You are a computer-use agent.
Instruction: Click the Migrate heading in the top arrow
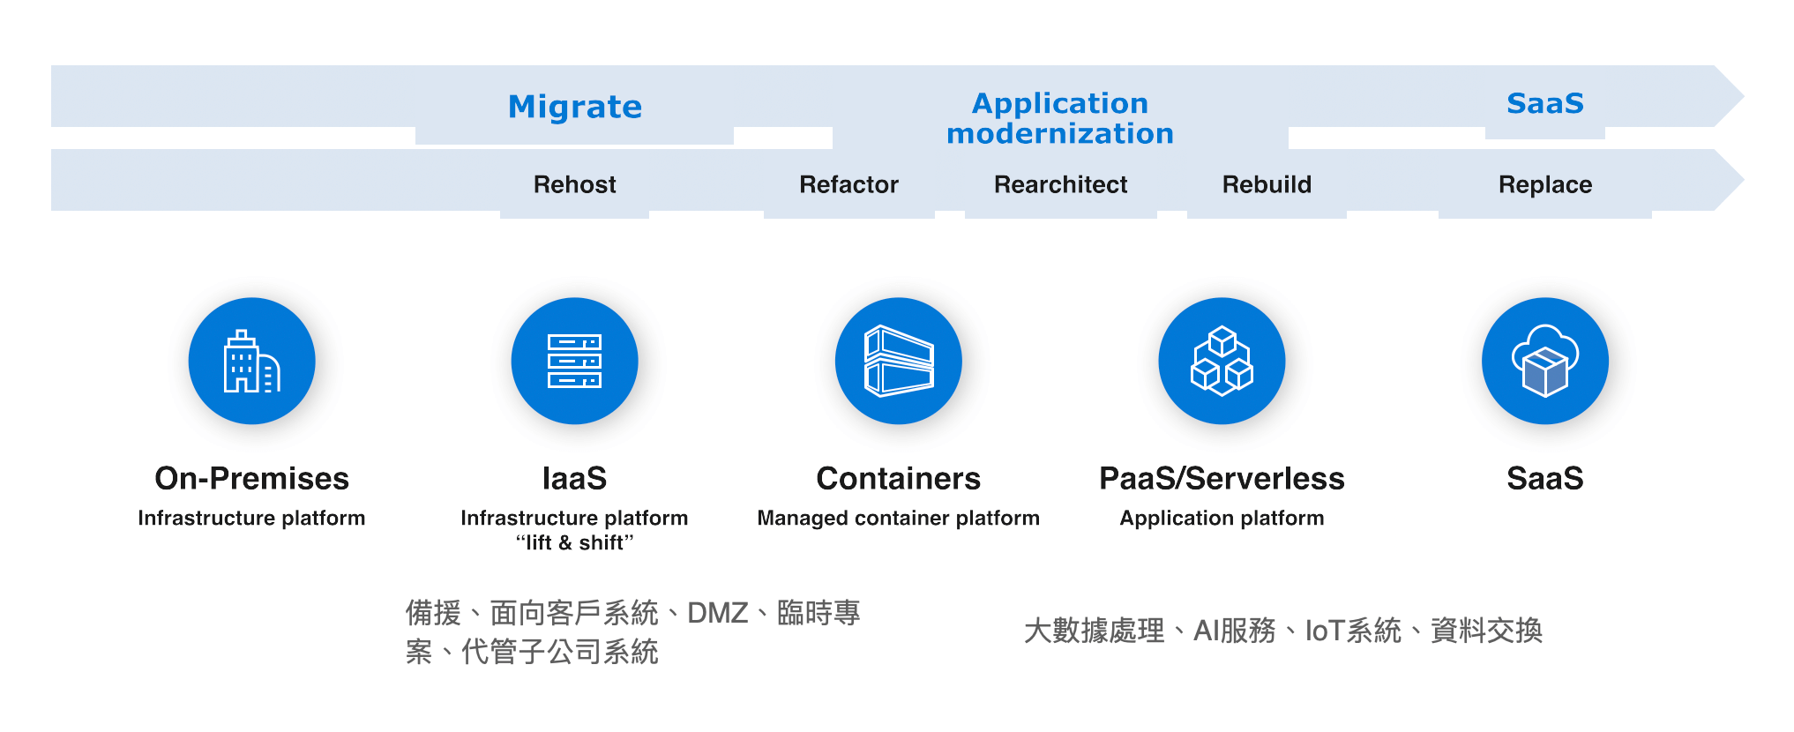pyautogui.click(x=575, y=107)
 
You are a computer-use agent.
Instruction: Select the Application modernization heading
pyautogui.click(x=1060, y=118)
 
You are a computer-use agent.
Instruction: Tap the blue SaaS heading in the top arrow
pyautogui.click(x=1544, y=103)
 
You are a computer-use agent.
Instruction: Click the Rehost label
pyautogui.click(x=574, y=184)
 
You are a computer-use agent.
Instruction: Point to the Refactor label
pyautogui.click(x=848, y=184)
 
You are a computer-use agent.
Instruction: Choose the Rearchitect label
pyautogui.click(x=1060, y=184)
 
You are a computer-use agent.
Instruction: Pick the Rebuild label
pyautogui.click(x=1267, y=184)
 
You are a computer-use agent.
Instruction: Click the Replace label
pyautogui.click(x=1544, y=184)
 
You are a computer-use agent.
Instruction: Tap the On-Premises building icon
pyautogui.click(x=251, y=361)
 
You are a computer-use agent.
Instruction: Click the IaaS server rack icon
pyautogui.click(x=574, y=361)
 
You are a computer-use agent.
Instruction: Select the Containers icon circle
pyautogui.click(x=898, y=361)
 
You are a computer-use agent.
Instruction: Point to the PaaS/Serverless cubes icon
pyautogui.click(x=1222, y=361)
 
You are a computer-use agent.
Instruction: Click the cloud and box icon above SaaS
pyautogui.click(x=1544, y=361)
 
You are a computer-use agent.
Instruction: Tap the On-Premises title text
pyautogui.click(x=251, y=478)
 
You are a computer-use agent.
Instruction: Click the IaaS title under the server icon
pyautogui.click(x=574, y=478)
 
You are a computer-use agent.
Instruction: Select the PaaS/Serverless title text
pyautogui.click(x=1222, y=478)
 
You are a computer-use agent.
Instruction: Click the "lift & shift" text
pyautogui.click(x=574, y=542)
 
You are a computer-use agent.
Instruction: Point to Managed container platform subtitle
pyautogui.click(x=898, y=518)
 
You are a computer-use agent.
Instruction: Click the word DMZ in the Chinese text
pyautogui.click(x=717, y=613)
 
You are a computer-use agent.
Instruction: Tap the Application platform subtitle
pyautogui.click(x=1222, y=518)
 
